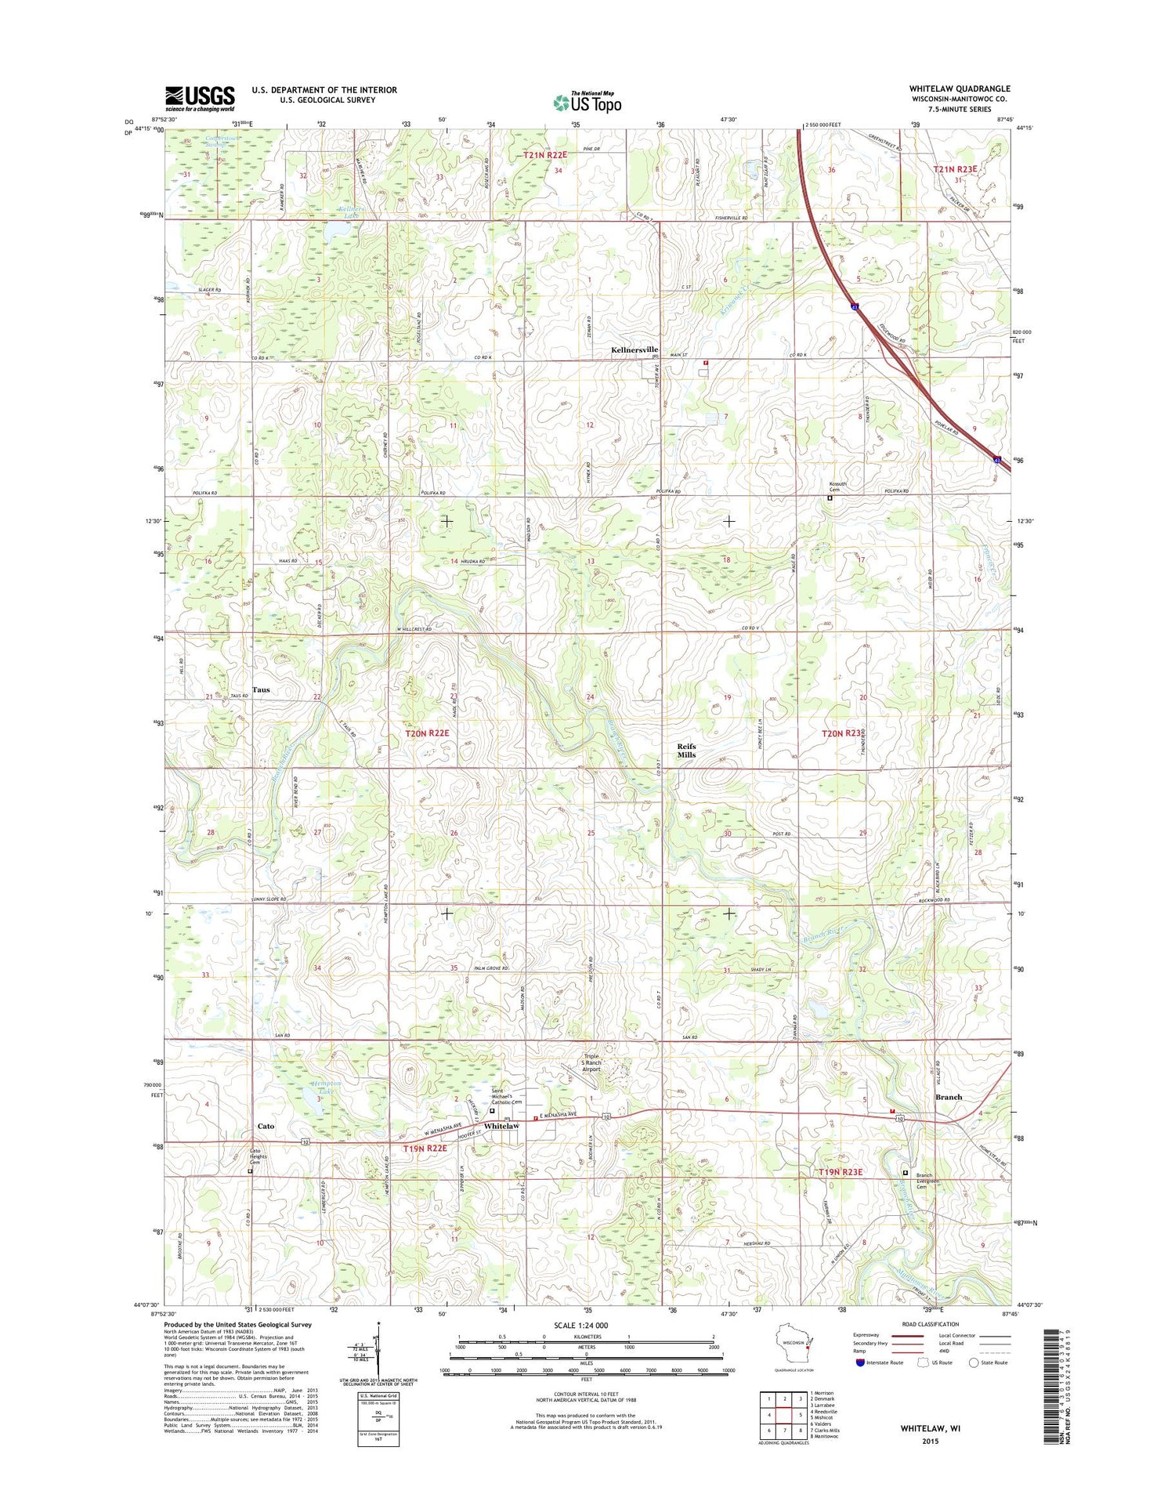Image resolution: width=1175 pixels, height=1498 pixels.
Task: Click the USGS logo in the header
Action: (x=199, y=98)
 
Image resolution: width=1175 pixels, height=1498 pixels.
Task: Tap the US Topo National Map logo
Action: (x=587, y=102)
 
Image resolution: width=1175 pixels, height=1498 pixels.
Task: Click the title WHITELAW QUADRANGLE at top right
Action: (x=960, y=89)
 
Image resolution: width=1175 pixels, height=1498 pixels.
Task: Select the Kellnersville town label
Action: (x=634, y=349)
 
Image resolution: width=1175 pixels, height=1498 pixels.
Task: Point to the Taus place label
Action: (x=261, y=690)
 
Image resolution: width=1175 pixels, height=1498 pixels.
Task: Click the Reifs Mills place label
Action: (x=686, y=751)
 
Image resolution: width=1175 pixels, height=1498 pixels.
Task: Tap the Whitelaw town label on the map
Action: (x=501, y=1126)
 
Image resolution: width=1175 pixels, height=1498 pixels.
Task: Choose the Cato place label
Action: (x=266, y=1126)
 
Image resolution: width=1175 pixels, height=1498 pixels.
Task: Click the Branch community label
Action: (x=948, y=1097)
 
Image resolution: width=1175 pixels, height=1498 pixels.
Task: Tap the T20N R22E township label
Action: (x=427, y=733)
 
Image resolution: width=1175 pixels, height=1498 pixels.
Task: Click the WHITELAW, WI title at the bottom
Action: (x=930, y=1427)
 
